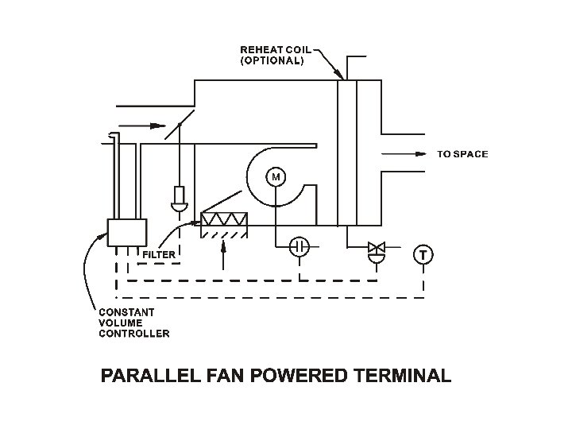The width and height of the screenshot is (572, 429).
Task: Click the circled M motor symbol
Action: pos(276,176)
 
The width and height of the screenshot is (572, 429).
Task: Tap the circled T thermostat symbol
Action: pos(423,255)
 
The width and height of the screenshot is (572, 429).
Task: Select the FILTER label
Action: pos(159,255)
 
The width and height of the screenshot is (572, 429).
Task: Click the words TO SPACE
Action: pos(462,154)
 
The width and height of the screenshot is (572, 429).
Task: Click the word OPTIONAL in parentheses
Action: pos(272,60)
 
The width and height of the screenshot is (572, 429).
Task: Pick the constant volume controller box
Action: pos(127,234)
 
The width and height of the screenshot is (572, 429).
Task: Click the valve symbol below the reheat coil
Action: pos(376,251)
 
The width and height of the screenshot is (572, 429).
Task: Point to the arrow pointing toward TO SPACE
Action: pos(405,154)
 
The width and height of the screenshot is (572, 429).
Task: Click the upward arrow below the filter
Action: pos(223,253)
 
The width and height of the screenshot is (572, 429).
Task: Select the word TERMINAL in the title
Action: pos(405,375)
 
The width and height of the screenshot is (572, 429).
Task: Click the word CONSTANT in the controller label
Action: pos(126,312)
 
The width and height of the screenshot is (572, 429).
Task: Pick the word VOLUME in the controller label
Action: pos(120,323)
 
